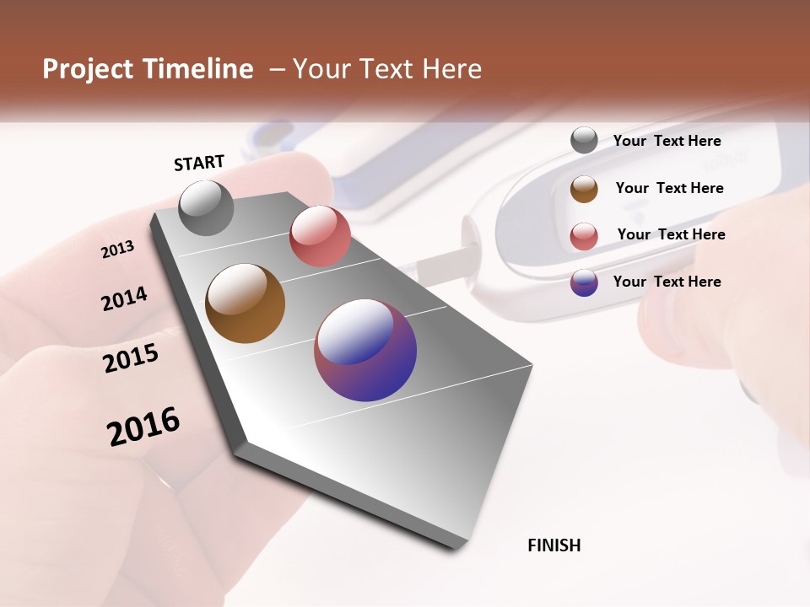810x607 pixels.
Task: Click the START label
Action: click(x=199, y=163)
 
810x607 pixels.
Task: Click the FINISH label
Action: click(x=554, y=545)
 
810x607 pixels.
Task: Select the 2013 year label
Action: click(x=118, y=250)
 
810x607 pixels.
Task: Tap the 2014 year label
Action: click(x=124, y=299)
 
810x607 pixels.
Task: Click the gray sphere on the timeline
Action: click(x=206, y=208)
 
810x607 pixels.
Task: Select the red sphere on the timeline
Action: click(x=320, y=236)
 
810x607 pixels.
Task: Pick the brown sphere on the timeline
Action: click(x=245, y=303)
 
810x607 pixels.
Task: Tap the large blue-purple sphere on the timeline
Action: click(x=365, y=350)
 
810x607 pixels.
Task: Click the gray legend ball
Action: click(x=584, y=141)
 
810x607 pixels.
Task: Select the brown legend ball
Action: click(x=584, y=189)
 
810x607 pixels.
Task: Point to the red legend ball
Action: click(x=584, y=235)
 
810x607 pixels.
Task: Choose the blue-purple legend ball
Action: click(x=584, y=282)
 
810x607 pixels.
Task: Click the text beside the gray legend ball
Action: click(x=667, y=141)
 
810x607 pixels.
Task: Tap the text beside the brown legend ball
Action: click(x=670, y=188)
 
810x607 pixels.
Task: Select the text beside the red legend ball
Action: click(x=672, y=234)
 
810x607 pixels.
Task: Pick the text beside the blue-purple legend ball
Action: click(x=667, y=282)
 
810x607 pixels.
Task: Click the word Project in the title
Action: click(x=86, y=69)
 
